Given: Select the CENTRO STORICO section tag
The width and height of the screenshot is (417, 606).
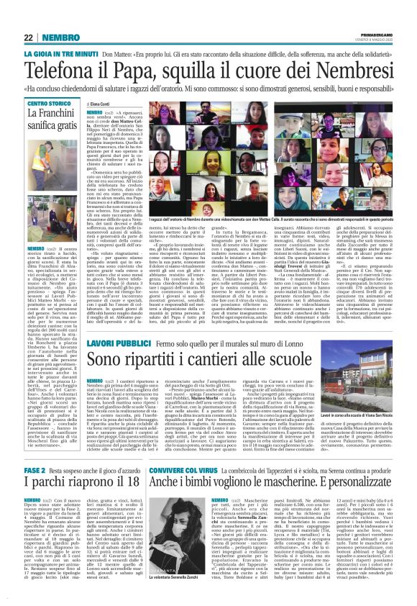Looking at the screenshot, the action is [50, 104].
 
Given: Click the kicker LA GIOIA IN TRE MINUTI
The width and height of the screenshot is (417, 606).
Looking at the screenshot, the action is [60, 54].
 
